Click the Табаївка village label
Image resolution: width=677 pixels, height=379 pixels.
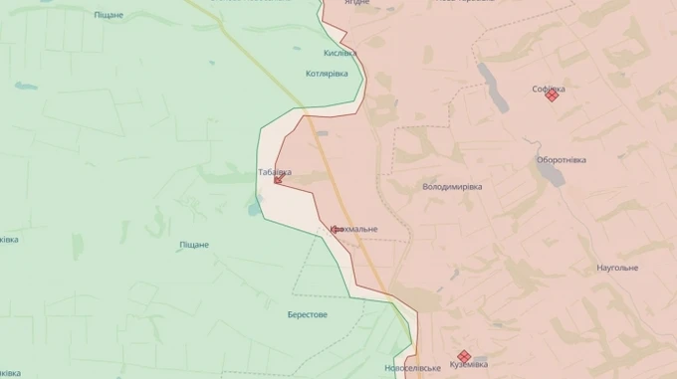(275, 170)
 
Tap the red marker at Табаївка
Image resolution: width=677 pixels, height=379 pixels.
(279, 180)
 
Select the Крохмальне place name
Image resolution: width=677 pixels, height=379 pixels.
(354, 230)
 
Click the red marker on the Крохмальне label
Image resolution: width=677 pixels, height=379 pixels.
(337, 230)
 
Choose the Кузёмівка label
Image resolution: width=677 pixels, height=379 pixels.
(469, 365)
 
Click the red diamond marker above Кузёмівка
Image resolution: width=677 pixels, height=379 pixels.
(463, 355)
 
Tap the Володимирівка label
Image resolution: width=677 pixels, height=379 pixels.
(452, 186)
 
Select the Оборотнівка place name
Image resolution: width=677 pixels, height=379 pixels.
(562, 160)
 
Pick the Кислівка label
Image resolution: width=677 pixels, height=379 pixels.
(339, 53)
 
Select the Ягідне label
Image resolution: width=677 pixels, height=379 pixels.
(355, 3)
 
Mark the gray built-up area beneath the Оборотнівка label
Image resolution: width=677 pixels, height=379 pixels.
(551, 175)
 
